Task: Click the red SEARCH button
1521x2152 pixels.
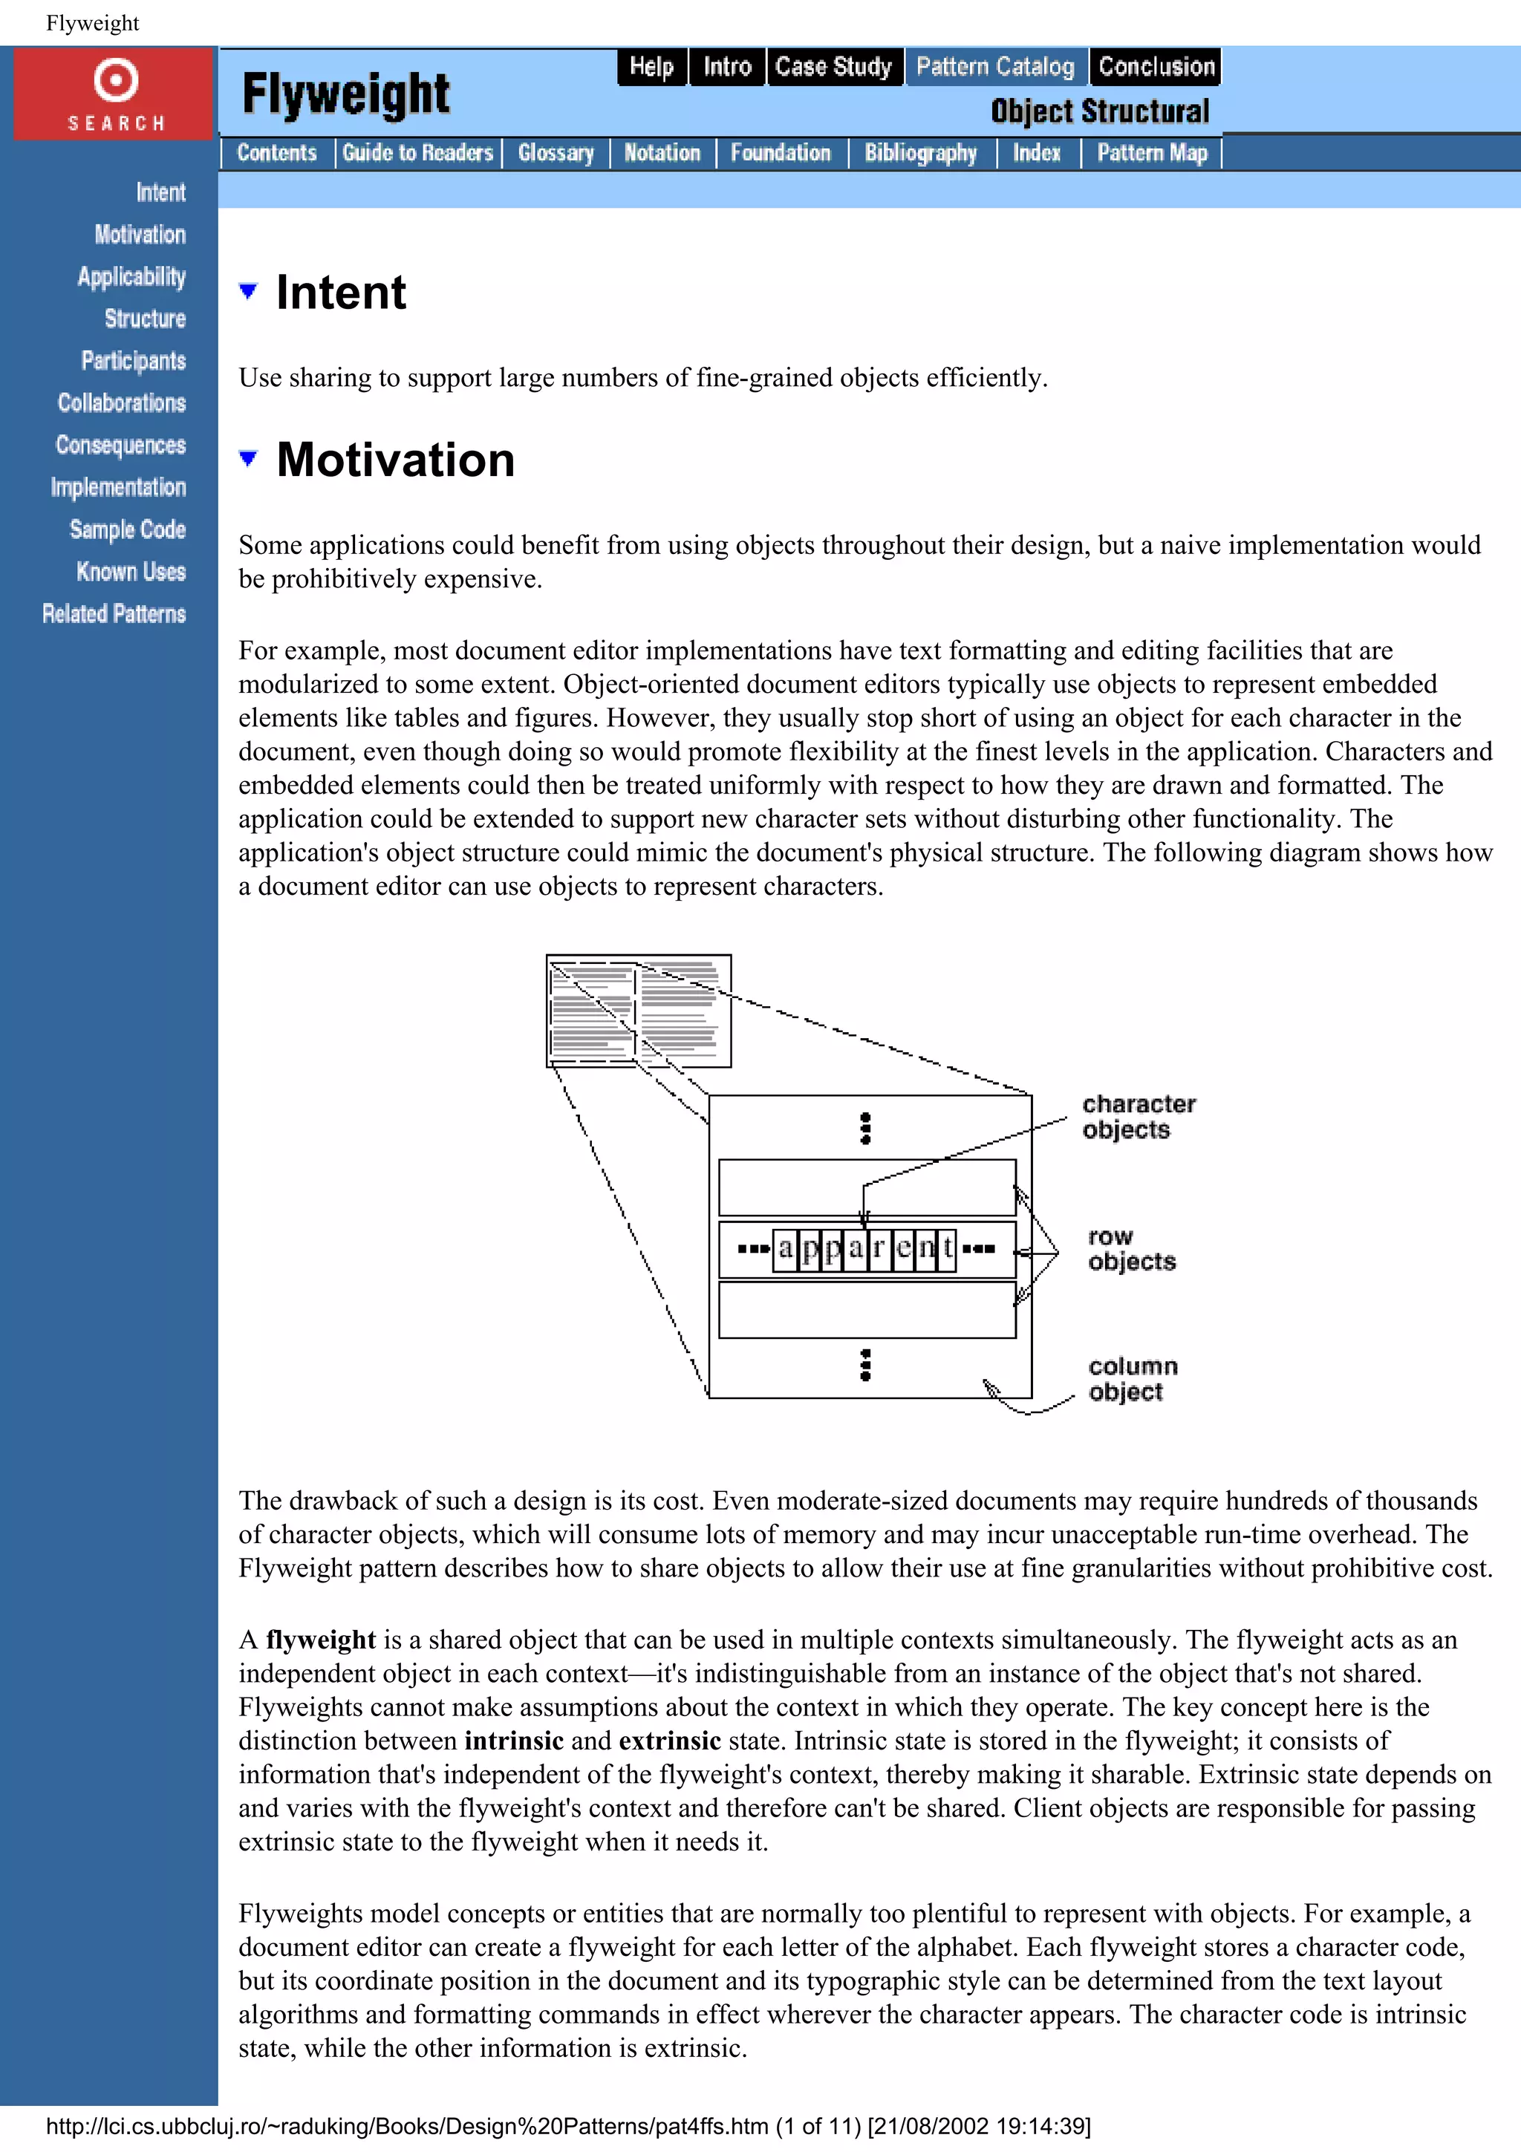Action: click(114, 94)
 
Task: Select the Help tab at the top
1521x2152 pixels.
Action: click(651, 67)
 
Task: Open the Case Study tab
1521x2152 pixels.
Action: click(833, 67)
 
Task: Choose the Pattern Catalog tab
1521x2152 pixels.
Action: click(994, 67)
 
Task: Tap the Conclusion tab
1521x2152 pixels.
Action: click(1156, 67)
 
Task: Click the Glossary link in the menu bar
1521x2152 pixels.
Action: click(556, 153)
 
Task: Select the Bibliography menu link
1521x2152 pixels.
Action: click(920, 153)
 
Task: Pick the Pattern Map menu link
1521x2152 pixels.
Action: click(1152, 153)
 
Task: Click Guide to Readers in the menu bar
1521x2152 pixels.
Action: click(417, 153)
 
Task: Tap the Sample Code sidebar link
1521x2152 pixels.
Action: click(128, 529)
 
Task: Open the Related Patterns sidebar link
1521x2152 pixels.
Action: click(114, 614)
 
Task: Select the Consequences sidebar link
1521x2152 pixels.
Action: click(120, 446)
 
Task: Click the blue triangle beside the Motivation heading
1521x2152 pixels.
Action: click(248, 458)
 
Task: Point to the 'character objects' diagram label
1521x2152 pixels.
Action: click(1138, 1116)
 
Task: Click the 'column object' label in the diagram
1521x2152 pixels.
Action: click(1132, 1379)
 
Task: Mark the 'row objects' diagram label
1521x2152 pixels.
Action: click(1130, 1248)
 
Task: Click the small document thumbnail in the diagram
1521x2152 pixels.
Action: click(638, 1011)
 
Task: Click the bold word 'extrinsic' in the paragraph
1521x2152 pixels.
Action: click(669, 1741)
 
